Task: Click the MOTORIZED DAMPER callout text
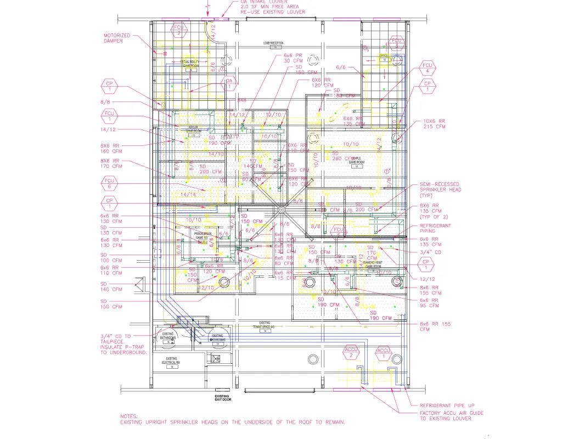[117, 38]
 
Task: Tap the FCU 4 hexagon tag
[428, 67]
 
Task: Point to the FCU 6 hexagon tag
[109, 183]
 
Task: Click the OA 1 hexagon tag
[229, 83]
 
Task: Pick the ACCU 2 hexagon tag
[351, 352]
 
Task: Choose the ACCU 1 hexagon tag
[384, 353]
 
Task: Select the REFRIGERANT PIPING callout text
[435, 228]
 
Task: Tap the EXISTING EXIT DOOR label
[222, 398]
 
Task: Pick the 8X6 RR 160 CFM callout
[111, 148]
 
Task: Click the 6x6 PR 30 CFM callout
[293, 58]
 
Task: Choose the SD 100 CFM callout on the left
[111, 257]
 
